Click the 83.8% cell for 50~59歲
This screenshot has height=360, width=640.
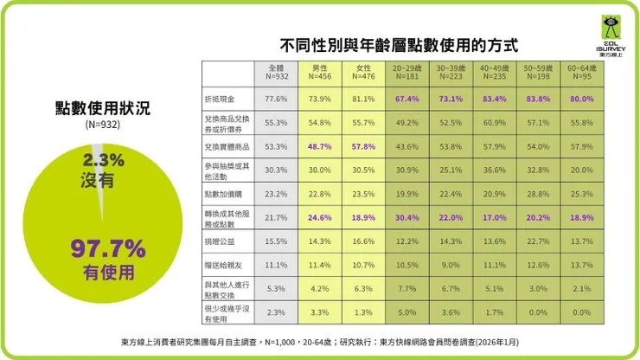[x=539, y=99]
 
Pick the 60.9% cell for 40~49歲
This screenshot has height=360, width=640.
[x=495, y=123]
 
